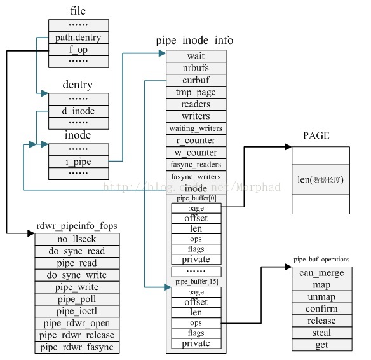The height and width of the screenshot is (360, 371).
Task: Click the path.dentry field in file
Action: [x=79, y=37]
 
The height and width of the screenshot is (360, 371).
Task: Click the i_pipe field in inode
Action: [x=79, y=161]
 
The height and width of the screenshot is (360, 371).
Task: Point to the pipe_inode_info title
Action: [x=194, y=40]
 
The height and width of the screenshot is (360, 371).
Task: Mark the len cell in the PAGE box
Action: [x=320, y=180]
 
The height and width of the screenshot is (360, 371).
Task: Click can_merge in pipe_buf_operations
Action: [x=321, y=273]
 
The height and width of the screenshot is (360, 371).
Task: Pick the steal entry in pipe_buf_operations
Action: [x=321, y=333]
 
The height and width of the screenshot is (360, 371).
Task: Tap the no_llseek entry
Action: [x=76, y=239]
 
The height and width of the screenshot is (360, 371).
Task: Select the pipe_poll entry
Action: [x=76, y=300]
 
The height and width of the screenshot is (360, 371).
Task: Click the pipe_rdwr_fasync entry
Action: [x=76, y=348]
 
